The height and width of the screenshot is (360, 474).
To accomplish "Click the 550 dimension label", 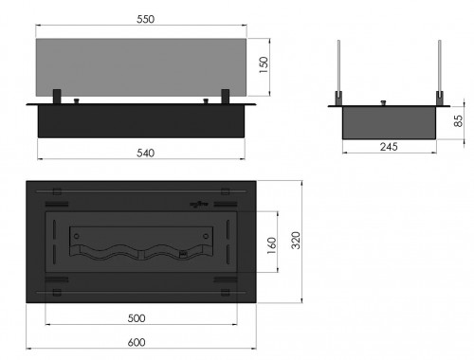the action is tap(146, 19).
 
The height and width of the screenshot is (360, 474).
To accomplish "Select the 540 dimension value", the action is tap(146, 153).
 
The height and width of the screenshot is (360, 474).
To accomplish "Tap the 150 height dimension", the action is tap(264, 65).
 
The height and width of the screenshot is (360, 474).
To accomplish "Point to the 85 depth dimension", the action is tap(458, 120).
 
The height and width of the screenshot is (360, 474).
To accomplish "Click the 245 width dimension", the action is tap(389, 147).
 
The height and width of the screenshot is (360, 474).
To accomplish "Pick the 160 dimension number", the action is tap(272, 245).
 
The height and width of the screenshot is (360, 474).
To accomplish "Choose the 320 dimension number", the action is tap(296, 241).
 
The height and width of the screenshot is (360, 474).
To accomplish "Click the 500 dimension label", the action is tap(137, 318).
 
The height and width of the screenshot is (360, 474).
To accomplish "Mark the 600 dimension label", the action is tap(137, 343).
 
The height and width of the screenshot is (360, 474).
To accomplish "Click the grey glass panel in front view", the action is tap(141, 67).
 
